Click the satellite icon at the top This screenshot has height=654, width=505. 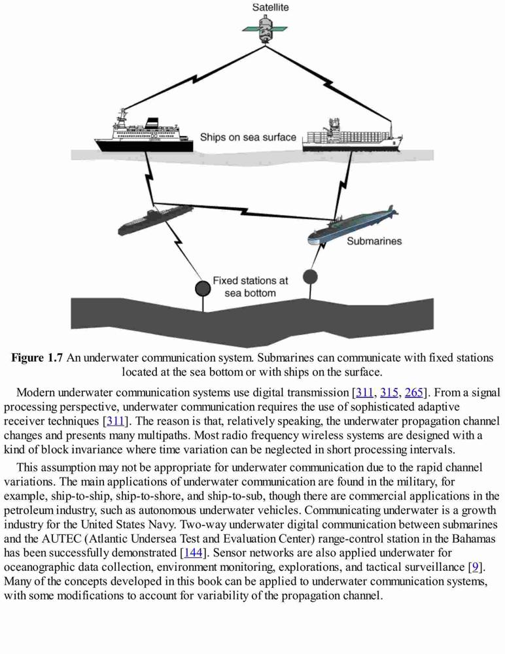point(266,29)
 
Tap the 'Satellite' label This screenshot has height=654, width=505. point(270,7)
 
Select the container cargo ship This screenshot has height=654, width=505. point(353,135)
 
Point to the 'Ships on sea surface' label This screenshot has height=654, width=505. point(248,137)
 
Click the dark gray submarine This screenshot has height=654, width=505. point(155,219)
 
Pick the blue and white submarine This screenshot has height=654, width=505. point(353,225)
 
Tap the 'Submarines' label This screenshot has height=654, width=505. point(374,241)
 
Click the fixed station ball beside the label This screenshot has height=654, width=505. point(203,288)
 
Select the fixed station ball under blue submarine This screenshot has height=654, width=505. point(310,276)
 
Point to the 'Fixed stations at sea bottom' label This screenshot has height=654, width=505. point(251,286)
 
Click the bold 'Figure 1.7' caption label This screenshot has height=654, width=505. point(37,358)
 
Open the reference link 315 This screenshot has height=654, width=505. point(389,392)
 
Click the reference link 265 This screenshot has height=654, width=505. point(413,392)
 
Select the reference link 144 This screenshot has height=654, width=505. point(193,553)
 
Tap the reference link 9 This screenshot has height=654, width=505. point(475,567)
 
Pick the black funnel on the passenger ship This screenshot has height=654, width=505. point(152,122)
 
